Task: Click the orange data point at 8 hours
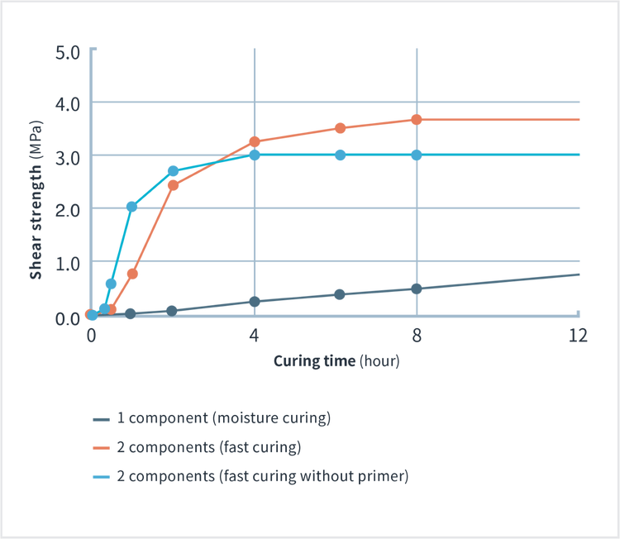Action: [417, 119]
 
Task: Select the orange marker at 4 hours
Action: [255, 141]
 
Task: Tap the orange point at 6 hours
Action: [340, 127]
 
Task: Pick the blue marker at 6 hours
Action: [340, 155]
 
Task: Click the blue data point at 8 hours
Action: [417, 155]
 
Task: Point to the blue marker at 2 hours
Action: [173, 170]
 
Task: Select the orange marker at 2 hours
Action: [173, 185]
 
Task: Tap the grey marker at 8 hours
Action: [417, 289]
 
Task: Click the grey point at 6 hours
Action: [340, 294]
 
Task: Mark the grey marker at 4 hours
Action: [255, 302]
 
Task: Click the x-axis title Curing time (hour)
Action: [336, 361]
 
